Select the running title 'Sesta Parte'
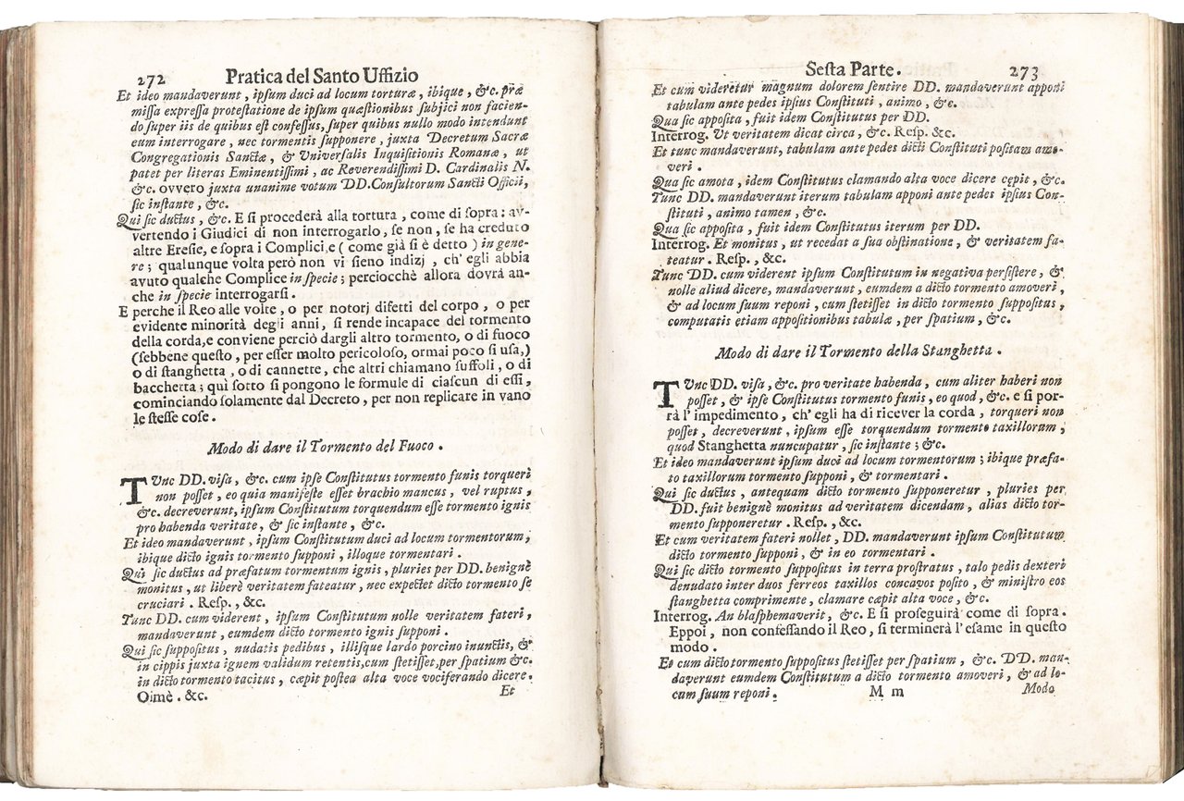pyautogui.click(x=847, y=68)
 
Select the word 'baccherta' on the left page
pyautogui.click(x=152, y=387)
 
